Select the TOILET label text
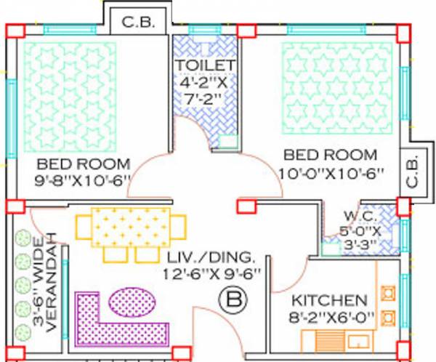(x=206, y=65)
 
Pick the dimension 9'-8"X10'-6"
(x=82, y=180)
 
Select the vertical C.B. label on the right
(x=411, y=171)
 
